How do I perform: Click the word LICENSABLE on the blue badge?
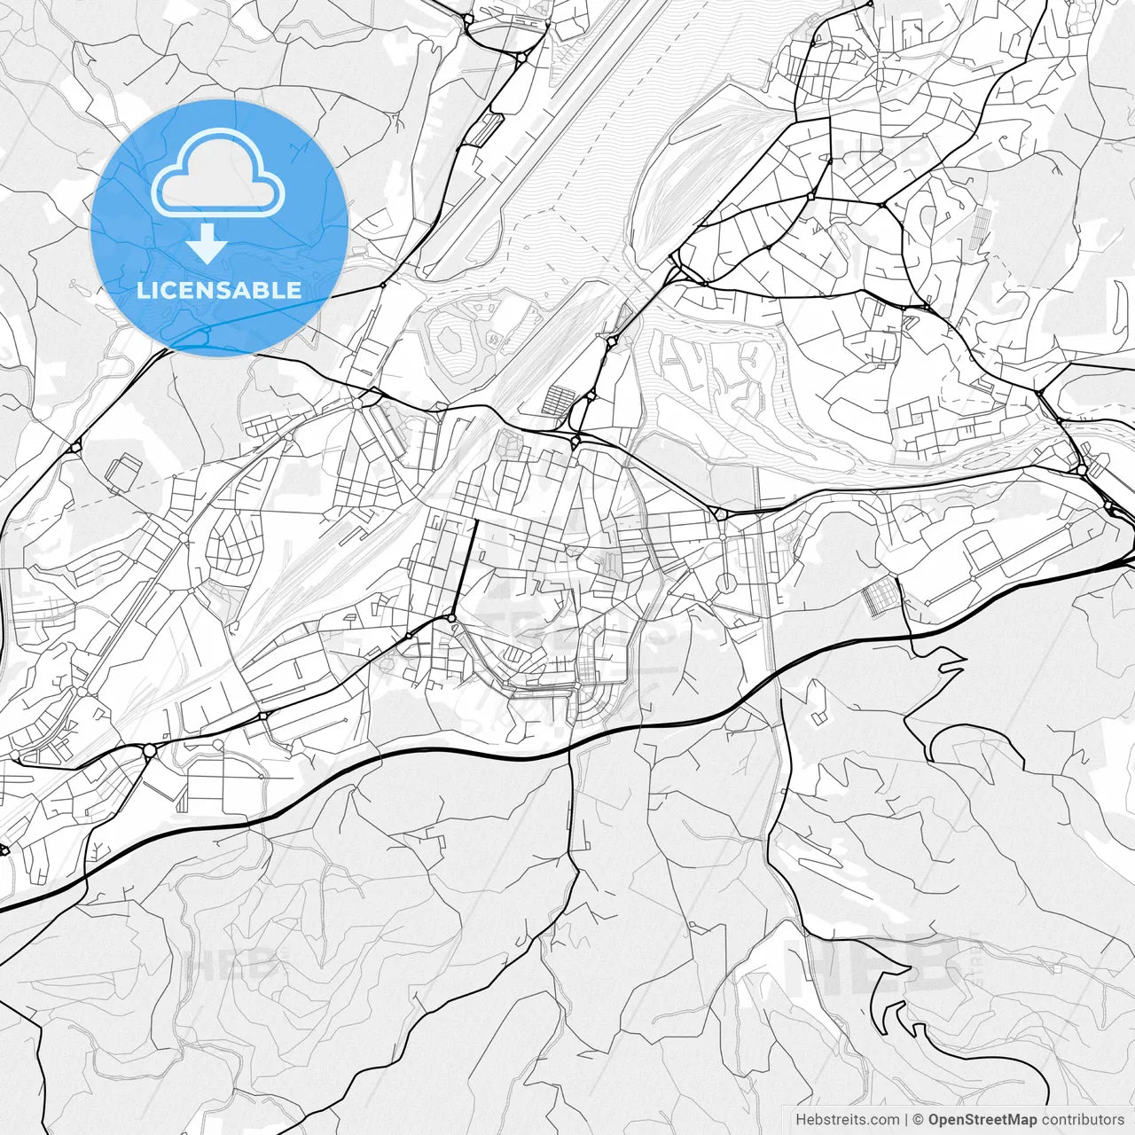[x=219, y=290]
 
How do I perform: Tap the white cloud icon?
[x=218, y=174]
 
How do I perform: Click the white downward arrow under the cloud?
[x=207, y=244]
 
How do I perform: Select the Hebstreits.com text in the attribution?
[x=847, y=1120]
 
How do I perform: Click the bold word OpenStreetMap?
[x=982, y=1120]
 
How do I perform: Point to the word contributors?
[x=1082, y=1120]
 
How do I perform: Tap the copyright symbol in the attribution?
[x=919, y=1120]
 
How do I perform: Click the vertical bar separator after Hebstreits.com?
[x=905, y=1120]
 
